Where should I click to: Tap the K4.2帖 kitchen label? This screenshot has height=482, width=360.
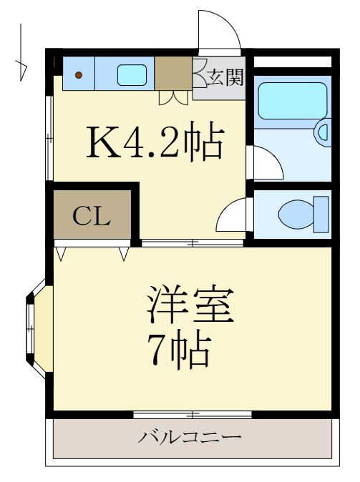155,143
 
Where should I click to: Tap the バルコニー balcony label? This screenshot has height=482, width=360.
190,436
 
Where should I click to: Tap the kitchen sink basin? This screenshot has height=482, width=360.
132,74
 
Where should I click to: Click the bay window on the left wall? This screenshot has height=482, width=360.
37,329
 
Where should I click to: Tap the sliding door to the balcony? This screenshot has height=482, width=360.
192,413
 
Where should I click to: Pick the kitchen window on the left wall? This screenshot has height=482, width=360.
49,136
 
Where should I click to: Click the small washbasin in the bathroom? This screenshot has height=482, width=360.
323,132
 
